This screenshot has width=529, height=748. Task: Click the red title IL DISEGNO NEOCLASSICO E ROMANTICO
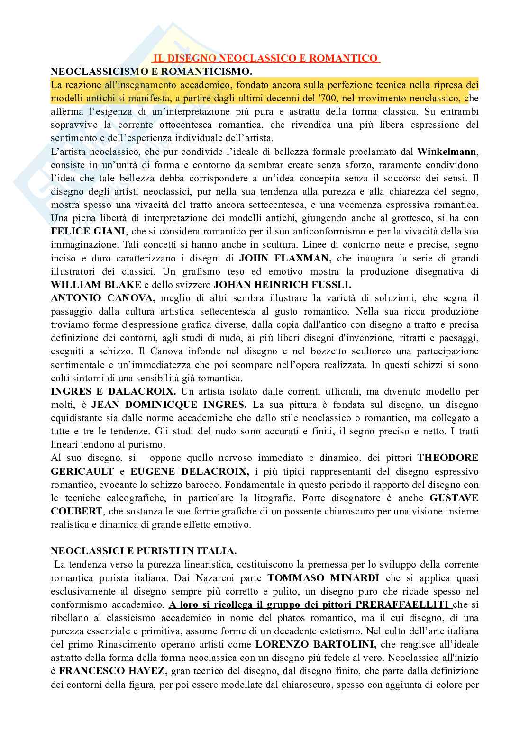(x=266, y=58)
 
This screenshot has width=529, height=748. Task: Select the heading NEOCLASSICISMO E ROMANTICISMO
(x=152, y=72)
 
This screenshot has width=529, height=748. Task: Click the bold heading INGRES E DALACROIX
(x=113, y=391)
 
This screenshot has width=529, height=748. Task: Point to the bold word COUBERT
(x=77, y=511)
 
